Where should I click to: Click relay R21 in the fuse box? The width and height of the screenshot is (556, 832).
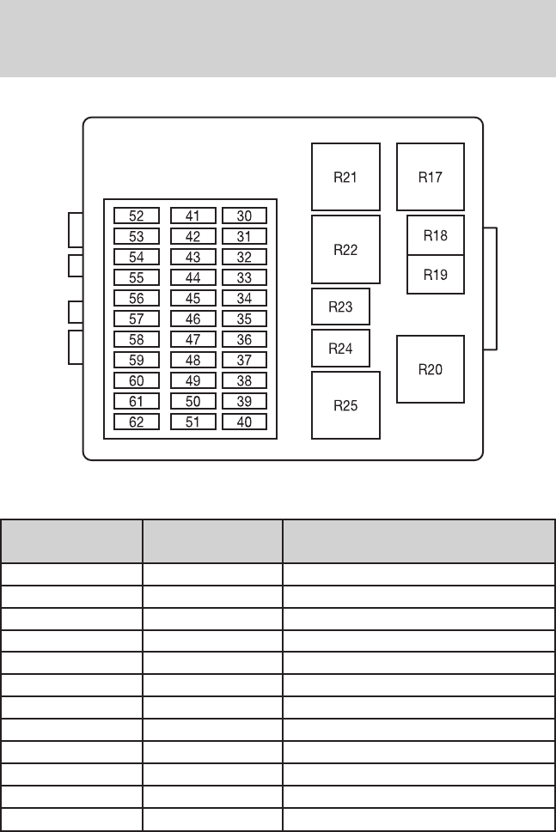tap(345, 177)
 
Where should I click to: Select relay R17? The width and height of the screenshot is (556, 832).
tap(430, 177)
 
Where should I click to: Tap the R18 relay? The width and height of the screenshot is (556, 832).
tap(436, 235)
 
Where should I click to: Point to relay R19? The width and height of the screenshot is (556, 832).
tap(436, 275)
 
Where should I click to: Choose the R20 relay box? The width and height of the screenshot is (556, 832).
tap(430, 369)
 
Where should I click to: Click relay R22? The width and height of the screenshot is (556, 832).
tap(345, 250)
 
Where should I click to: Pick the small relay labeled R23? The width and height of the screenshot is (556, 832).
tap(340, 307)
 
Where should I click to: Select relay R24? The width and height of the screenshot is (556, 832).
tap(340, 349)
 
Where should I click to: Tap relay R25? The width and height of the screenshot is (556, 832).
tap(345, 405)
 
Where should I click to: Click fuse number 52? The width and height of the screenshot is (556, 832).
tap(137, 216)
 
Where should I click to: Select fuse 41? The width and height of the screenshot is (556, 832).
tap(192, 216)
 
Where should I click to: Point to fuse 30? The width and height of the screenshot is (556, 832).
tap(244, 216)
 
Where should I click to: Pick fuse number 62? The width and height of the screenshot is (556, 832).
tap(137, 422)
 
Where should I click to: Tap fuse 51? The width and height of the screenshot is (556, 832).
tap(192, 422)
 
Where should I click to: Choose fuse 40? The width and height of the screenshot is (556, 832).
tap(244, 422)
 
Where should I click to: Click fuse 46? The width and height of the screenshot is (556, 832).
tap(192, 319)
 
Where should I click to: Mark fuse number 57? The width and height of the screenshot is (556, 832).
tap(137, 319)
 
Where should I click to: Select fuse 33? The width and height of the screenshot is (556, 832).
tap(244, 277)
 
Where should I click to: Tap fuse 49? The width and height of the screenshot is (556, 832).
tap(192, 380)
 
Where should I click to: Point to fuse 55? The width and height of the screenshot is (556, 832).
tap(137, 277)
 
